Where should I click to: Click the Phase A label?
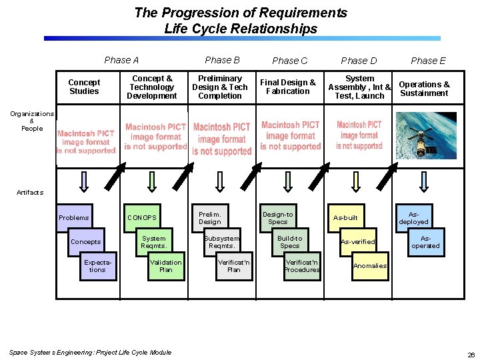(121, 60)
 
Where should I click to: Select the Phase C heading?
(290, 61)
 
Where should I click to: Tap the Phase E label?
(428, 61)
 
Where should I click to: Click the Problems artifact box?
(73, 218)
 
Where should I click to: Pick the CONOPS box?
(142, 218)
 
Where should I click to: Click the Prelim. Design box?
(210, 218)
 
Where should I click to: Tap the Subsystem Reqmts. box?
(222, 242)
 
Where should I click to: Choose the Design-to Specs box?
(278, 218)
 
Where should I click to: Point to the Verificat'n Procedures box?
(302, 266)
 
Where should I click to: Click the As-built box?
(345, 218)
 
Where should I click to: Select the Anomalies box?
(369, 266)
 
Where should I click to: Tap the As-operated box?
(425, 242)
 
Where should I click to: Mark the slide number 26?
(471, 354)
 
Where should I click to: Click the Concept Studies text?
(84, 87)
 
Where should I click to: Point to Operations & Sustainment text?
(424, 89)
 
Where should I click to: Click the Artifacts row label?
(30, 192)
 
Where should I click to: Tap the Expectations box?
(97, 266)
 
